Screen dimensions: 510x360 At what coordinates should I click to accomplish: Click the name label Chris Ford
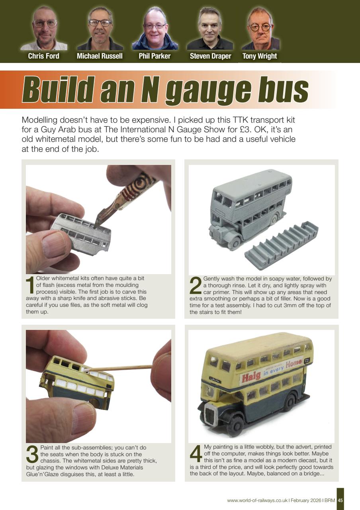43,56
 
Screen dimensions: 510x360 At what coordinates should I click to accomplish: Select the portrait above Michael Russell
100,28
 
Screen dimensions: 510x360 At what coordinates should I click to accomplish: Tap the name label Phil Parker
155,56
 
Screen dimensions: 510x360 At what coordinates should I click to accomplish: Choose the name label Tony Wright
260,56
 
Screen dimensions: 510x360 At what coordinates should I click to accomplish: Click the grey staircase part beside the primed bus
281,245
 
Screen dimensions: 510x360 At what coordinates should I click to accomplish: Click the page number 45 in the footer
340,500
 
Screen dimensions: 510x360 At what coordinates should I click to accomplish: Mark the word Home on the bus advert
294,364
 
